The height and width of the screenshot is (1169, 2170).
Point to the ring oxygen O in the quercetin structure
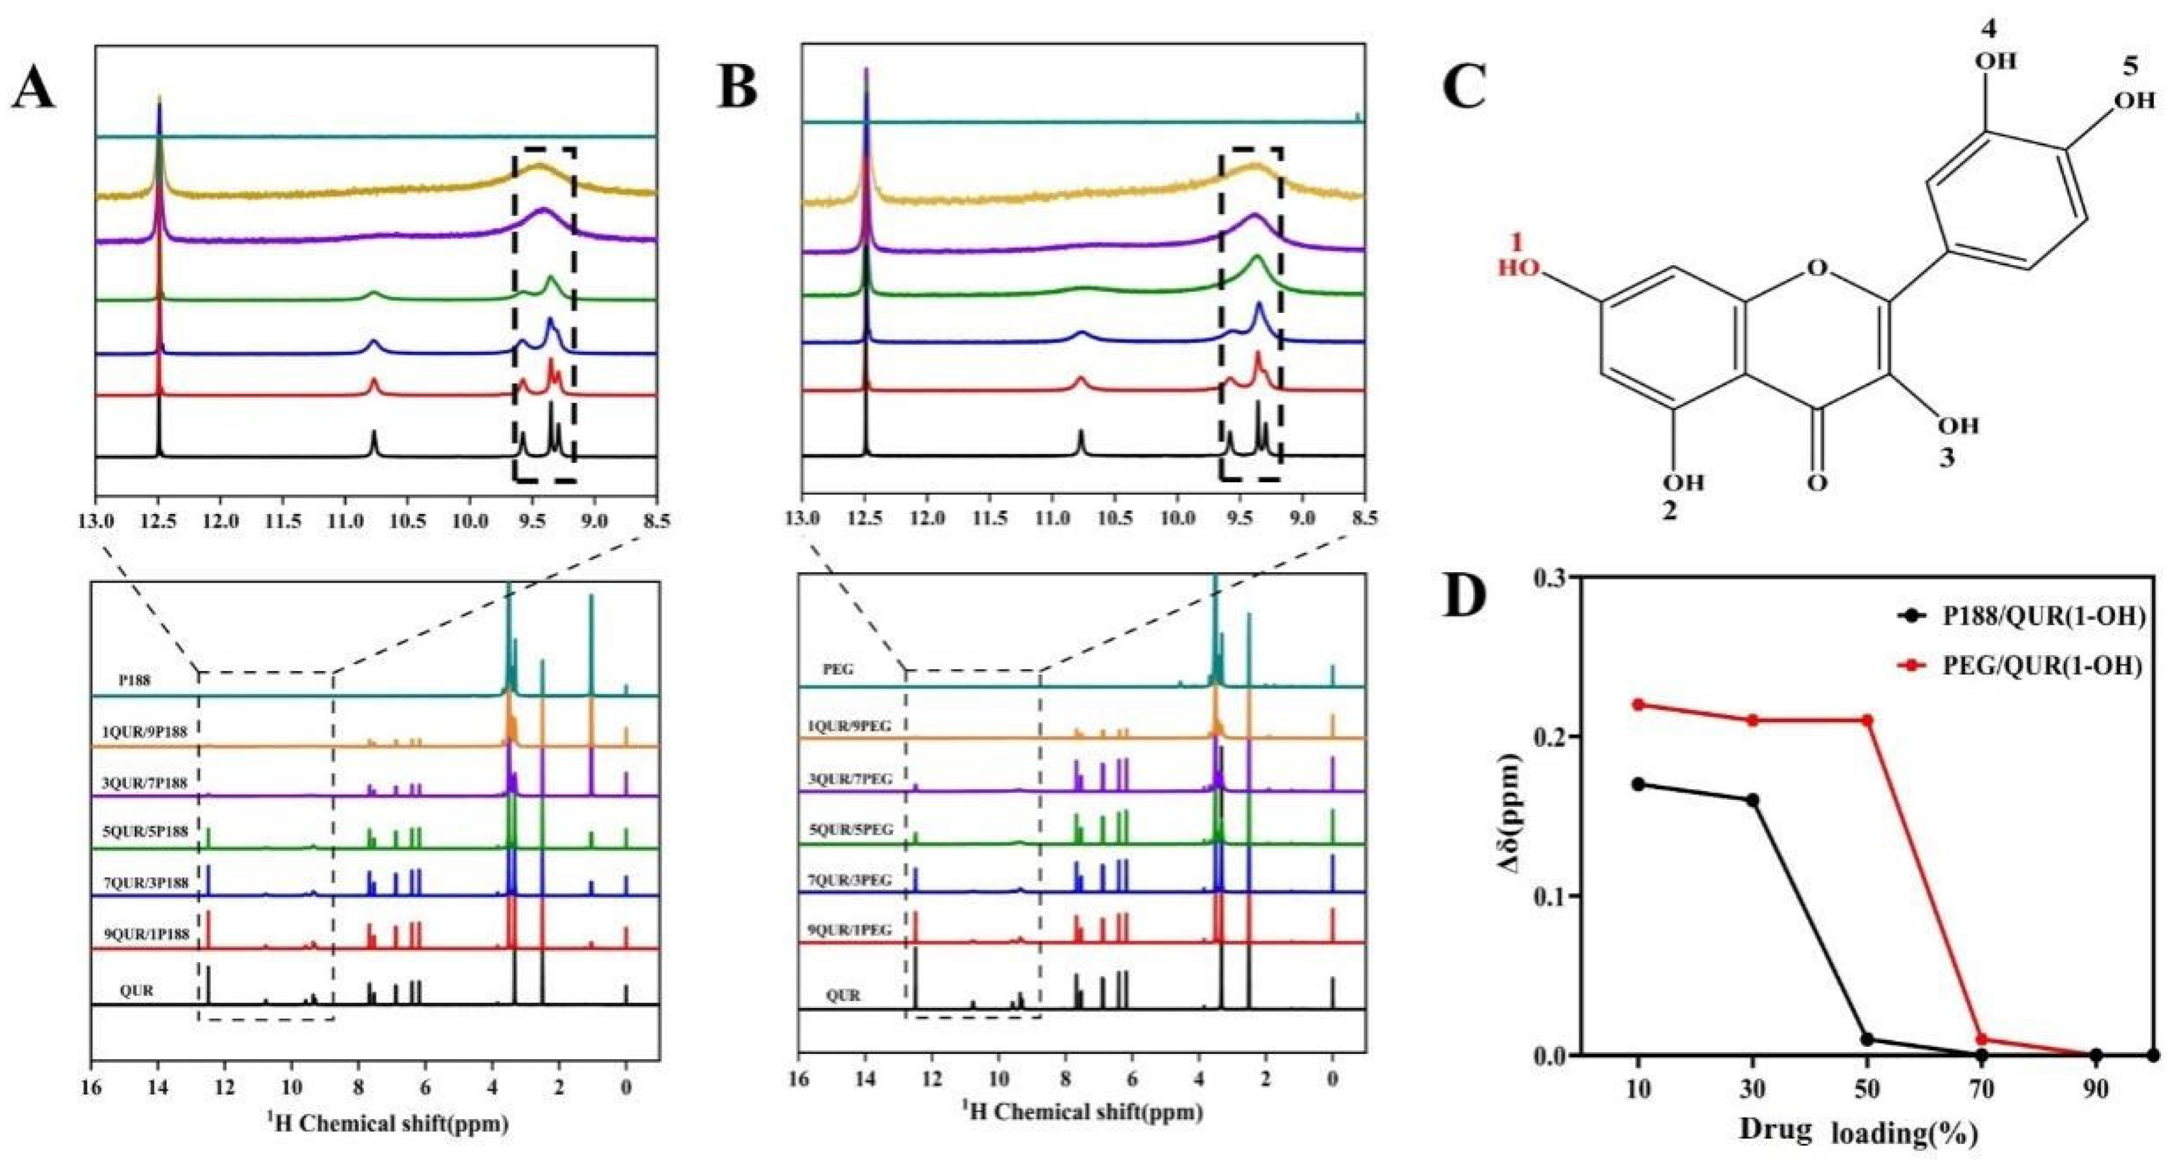tap(1818, 269)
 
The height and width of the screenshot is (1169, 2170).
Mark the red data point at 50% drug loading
tap(1867, 720)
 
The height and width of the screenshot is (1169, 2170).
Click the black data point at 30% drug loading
tap(1753, 799)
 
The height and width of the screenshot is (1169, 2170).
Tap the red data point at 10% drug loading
tap(1638, 704)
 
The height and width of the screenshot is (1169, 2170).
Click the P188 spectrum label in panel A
tap(134, 680)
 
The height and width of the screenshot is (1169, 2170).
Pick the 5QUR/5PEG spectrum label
tap(851, 830)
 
